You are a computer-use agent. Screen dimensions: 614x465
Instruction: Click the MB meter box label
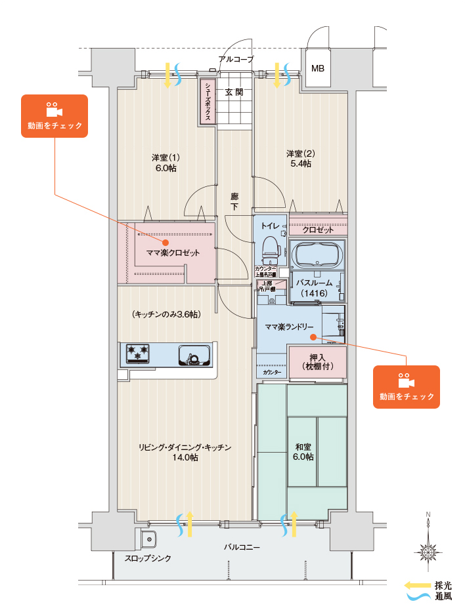[x=317, y=68]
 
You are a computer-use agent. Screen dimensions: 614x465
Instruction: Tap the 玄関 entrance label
[x=234, y=92]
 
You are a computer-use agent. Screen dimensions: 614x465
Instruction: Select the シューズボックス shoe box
[x=208, y=102]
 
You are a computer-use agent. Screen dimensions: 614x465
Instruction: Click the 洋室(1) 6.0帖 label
[x=165, y=163]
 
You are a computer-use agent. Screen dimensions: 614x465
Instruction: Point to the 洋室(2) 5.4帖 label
[x=300, y=158]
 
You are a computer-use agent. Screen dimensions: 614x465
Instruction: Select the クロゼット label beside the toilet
[x=318, y=230]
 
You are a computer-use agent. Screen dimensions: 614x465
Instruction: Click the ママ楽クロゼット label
[x=173, y=253]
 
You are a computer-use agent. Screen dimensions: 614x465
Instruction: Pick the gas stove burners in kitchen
[x=138, y=354]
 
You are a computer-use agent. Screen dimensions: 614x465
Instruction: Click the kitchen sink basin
[x=195, y=355]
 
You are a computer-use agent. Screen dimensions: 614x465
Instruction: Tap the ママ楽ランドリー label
[x=289, y=327]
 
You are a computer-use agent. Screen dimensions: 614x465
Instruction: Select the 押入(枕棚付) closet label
[x=317, y=362]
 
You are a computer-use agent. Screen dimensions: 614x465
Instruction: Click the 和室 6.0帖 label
[x=303, y=452]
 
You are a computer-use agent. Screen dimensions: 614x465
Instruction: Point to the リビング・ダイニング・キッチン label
[x=185, y=453]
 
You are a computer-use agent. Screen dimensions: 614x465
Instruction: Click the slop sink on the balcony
[x=148, y=540]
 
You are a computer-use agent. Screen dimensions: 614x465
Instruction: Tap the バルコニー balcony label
[x=242, y=546]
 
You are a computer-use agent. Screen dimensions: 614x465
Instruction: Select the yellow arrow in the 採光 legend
[x=415, y=585]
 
